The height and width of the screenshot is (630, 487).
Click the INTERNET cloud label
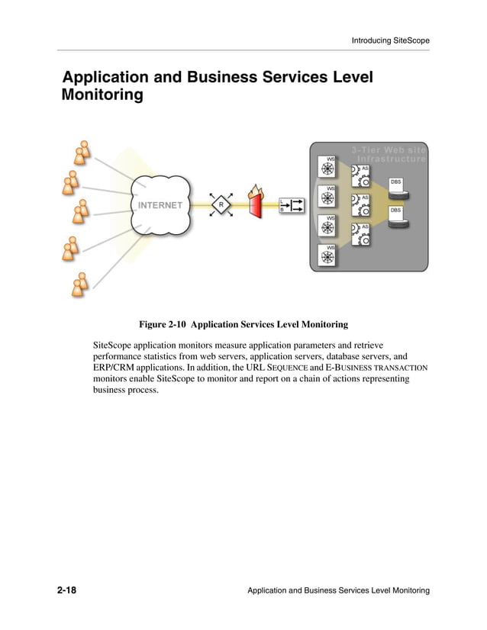(x=160, y=205)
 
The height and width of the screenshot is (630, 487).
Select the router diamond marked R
(x=221, y=205)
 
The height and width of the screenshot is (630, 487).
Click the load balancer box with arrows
(x=292, y=205)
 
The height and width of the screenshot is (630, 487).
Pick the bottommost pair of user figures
(x=79, y=284)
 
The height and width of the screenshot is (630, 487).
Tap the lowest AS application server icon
(x=360, y=235)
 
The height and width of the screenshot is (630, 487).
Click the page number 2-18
(x=71, y=591)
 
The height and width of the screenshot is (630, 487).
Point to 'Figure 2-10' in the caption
(x=162, y=324)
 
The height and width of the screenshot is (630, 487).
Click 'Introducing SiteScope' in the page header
(x=390, y=40)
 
